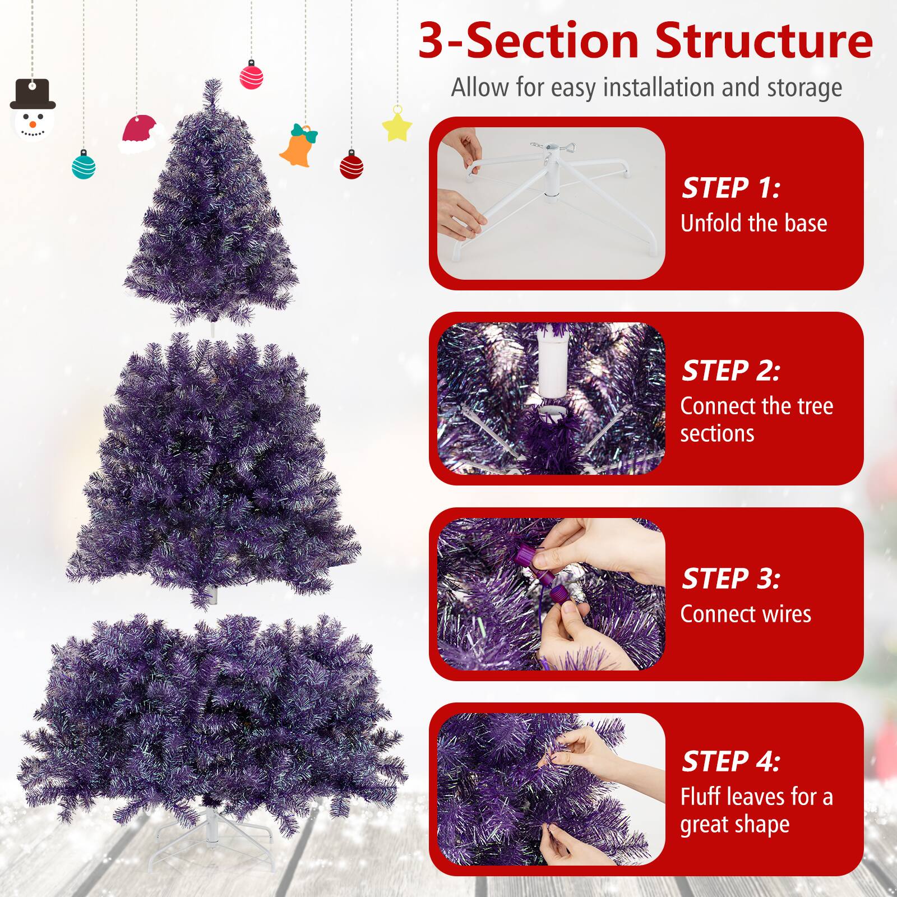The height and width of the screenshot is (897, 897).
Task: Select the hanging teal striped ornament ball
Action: click(x=84, y=165)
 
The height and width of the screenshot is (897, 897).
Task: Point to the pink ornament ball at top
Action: click(x=252, y=75)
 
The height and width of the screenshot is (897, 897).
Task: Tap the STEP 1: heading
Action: click(x=730, y=188)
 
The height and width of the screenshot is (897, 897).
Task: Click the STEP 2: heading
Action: click(x=730, y=371)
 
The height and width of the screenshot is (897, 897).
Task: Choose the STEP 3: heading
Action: click(x=730, y=579)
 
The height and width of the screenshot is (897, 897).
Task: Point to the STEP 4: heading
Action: click(x=730, y=761)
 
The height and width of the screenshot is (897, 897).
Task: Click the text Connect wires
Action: click(x=745, y=614)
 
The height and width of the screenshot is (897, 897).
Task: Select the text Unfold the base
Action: click(x=753, y=223)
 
